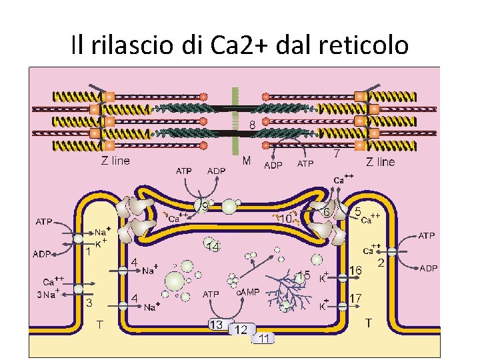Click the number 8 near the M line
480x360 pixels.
253,125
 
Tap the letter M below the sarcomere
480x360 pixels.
247,161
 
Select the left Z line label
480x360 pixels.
115,161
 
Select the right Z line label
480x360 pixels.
381,161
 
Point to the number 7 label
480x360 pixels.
337,153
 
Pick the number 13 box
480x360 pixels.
216,325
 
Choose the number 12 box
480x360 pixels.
241,329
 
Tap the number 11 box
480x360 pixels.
265,339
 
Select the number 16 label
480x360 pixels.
355,271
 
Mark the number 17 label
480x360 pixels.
355,297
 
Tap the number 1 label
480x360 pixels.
88,251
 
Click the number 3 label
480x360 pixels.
89,303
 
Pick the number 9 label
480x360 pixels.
205,207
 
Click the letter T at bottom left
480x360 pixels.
99,325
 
